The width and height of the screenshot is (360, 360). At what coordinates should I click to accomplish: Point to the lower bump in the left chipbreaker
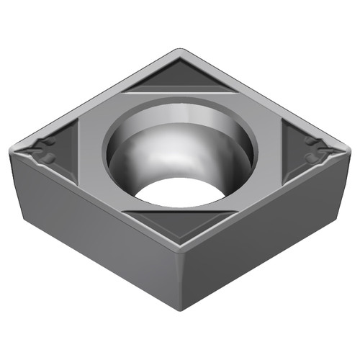click(49, 156)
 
